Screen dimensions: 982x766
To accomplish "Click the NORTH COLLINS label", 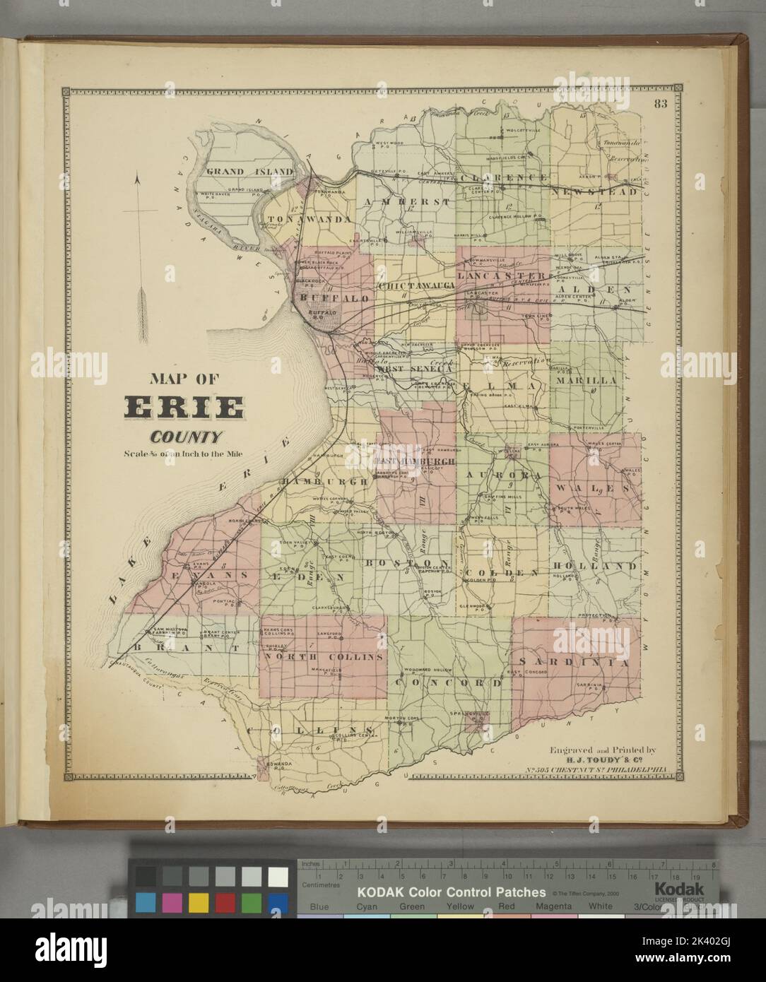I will [x=324, y=656].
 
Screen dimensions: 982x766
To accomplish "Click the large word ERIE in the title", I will [x=185, y=408].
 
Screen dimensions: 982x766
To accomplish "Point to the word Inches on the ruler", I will [x=312, y=863].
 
